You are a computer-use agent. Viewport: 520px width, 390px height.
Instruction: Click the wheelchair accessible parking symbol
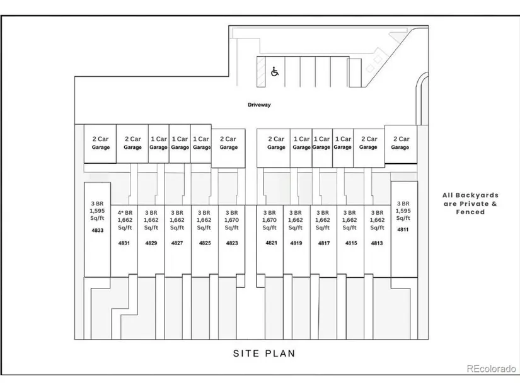[275, 72]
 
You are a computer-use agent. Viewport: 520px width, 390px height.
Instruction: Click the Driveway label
[258, 105]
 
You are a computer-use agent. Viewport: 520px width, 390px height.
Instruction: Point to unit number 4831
[124, 243]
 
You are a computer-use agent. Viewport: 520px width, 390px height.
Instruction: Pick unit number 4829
[151, 243]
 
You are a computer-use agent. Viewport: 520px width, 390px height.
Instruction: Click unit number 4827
[177, 243]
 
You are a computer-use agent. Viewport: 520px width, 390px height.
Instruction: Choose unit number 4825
[204, 243]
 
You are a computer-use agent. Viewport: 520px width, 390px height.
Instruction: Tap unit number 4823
[231, 243]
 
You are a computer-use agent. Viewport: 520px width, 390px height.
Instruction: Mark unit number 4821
[270, 243]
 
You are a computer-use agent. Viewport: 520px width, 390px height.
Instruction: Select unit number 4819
[296, 243]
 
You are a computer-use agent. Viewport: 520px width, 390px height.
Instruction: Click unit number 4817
[323, 243]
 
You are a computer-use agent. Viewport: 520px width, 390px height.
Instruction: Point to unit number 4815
[350, 243]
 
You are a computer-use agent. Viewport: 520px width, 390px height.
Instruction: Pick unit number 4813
[377, 243]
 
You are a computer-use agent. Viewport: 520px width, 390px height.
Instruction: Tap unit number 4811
[403, 230]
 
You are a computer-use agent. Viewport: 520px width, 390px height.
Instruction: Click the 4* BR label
[124, 212]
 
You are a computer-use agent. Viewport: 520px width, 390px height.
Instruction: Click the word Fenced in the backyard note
[471, 212]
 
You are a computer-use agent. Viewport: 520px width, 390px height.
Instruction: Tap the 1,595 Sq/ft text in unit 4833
[98, 216]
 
